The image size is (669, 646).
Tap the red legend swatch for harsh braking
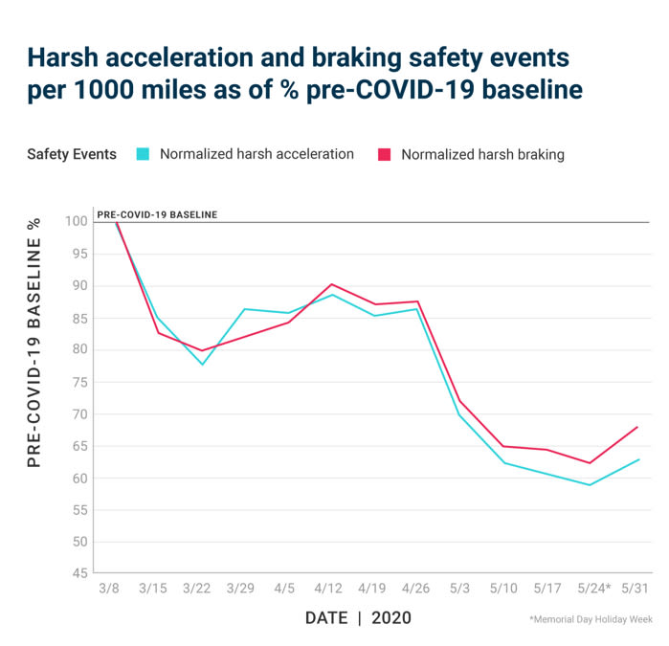click(386, 154)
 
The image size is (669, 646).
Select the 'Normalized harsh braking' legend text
click(482, 154)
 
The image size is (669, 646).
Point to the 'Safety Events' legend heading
click(72, 154)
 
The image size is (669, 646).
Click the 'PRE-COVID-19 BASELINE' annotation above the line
click(157, 214)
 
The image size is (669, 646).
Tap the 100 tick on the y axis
click(77, 222)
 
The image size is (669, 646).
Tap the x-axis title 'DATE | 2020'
click(358, 618)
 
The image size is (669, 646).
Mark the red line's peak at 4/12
click(331, 284)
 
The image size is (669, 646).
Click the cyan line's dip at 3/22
click(202, 365)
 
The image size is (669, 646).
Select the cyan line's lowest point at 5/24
click(591, 485)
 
